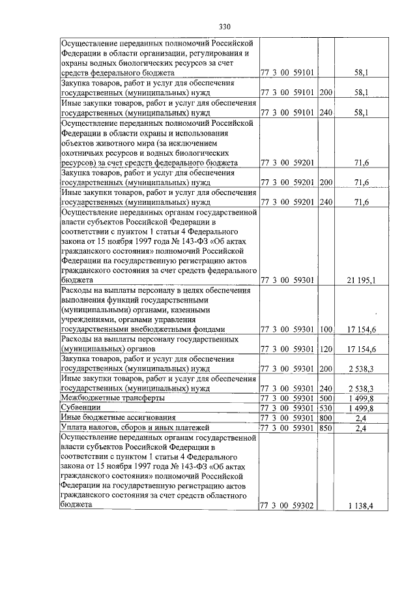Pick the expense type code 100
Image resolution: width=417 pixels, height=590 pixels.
point(326,329)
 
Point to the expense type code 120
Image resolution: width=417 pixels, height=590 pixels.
point(326,349)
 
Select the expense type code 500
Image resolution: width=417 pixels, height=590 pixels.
point(326,397)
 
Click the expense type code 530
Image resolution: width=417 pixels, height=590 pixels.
point(326,407)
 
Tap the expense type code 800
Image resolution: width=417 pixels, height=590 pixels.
point(326,417)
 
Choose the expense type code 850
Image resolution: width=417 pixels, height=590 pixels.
point(326,428)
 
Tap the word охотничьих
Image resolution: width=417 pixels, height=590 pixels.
point(86,152)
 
